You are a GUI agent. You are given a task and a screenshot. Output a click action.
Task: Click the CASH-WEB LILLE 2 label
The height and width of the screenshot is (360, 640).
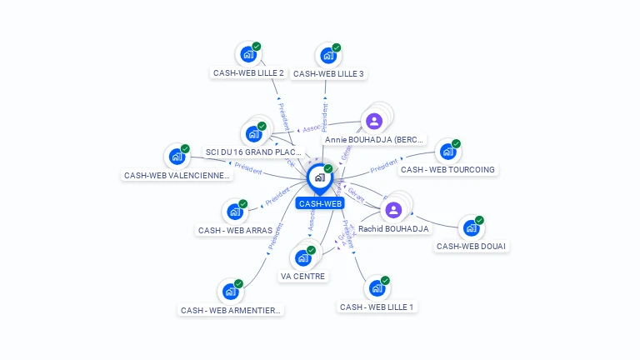click(248, 73)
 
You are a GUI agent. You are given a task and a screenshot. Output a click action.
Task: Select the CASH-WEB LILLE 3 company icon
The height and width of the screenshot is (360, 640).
click(328, 56)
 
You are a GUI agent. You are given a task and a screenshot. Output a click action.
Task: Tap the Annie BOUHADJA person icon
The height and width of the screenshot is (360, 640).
click(374, 122)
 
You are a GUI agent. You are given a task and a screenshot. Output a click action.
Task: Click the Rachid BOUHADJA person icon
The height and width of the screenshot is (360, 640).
click(393, 210)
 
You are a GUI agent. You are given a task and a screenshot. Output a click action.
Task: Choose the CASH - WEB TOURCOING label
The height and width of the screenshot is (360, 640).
click(447, 170)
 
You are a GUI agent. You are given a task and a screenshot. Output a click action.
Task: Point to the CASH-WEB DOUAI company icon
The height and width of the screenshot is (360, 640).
click(471, 227)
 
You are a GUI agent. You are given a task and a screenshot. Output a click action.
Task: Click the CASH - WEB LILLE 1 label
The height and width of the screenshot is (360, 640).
click(377, 307)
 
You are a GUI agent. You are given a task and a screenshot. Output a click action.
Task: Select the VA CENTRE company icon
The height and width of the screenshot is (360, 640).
click(303, 257)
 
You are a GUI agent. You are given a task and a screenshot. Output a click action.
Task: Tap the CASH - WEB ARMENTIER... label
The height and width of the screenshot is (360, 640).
click(232, 310)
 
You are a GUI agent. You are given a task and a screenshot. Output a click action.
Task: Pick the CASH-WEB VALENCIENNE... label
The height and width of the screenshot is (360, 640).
click(177, 176)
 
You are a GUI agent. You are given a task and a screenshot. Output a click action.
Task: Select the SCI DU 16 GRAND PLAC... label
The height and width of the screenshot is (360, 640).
click(253, 152)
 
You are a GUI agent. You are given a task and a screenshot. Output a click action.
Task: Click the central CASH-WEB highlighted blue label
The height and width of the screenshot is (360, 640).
click(320, 203)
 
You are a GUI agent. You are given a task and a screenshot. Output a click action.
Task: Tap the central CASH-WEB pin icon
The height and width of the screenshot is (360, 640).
click(318, 177)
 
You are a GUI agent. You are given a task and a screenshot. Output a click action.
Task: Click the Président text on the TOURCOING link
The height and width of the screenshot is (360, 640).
click(383, 166)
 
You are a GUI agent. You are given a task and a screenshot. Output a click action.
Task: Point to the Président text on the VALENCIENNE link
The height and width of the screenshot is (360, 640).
click(248, 167)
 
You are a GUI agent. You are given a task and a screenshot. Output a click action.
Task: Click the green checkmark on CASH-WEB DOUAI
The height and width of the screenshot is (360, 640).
click(479, 220)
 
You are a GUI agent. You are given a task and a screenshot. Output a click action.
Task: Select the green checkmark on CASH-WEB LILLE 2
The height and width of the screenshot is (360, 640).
click(256, 47)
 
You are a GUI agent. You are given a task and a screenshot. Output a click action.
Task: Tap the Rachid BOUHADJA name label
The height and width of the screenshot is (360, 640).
click(393, 228)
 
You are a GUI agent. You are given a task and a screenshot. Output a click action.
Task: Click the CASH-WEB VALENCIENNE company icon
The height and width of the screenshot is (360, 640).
click(177, 156)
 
